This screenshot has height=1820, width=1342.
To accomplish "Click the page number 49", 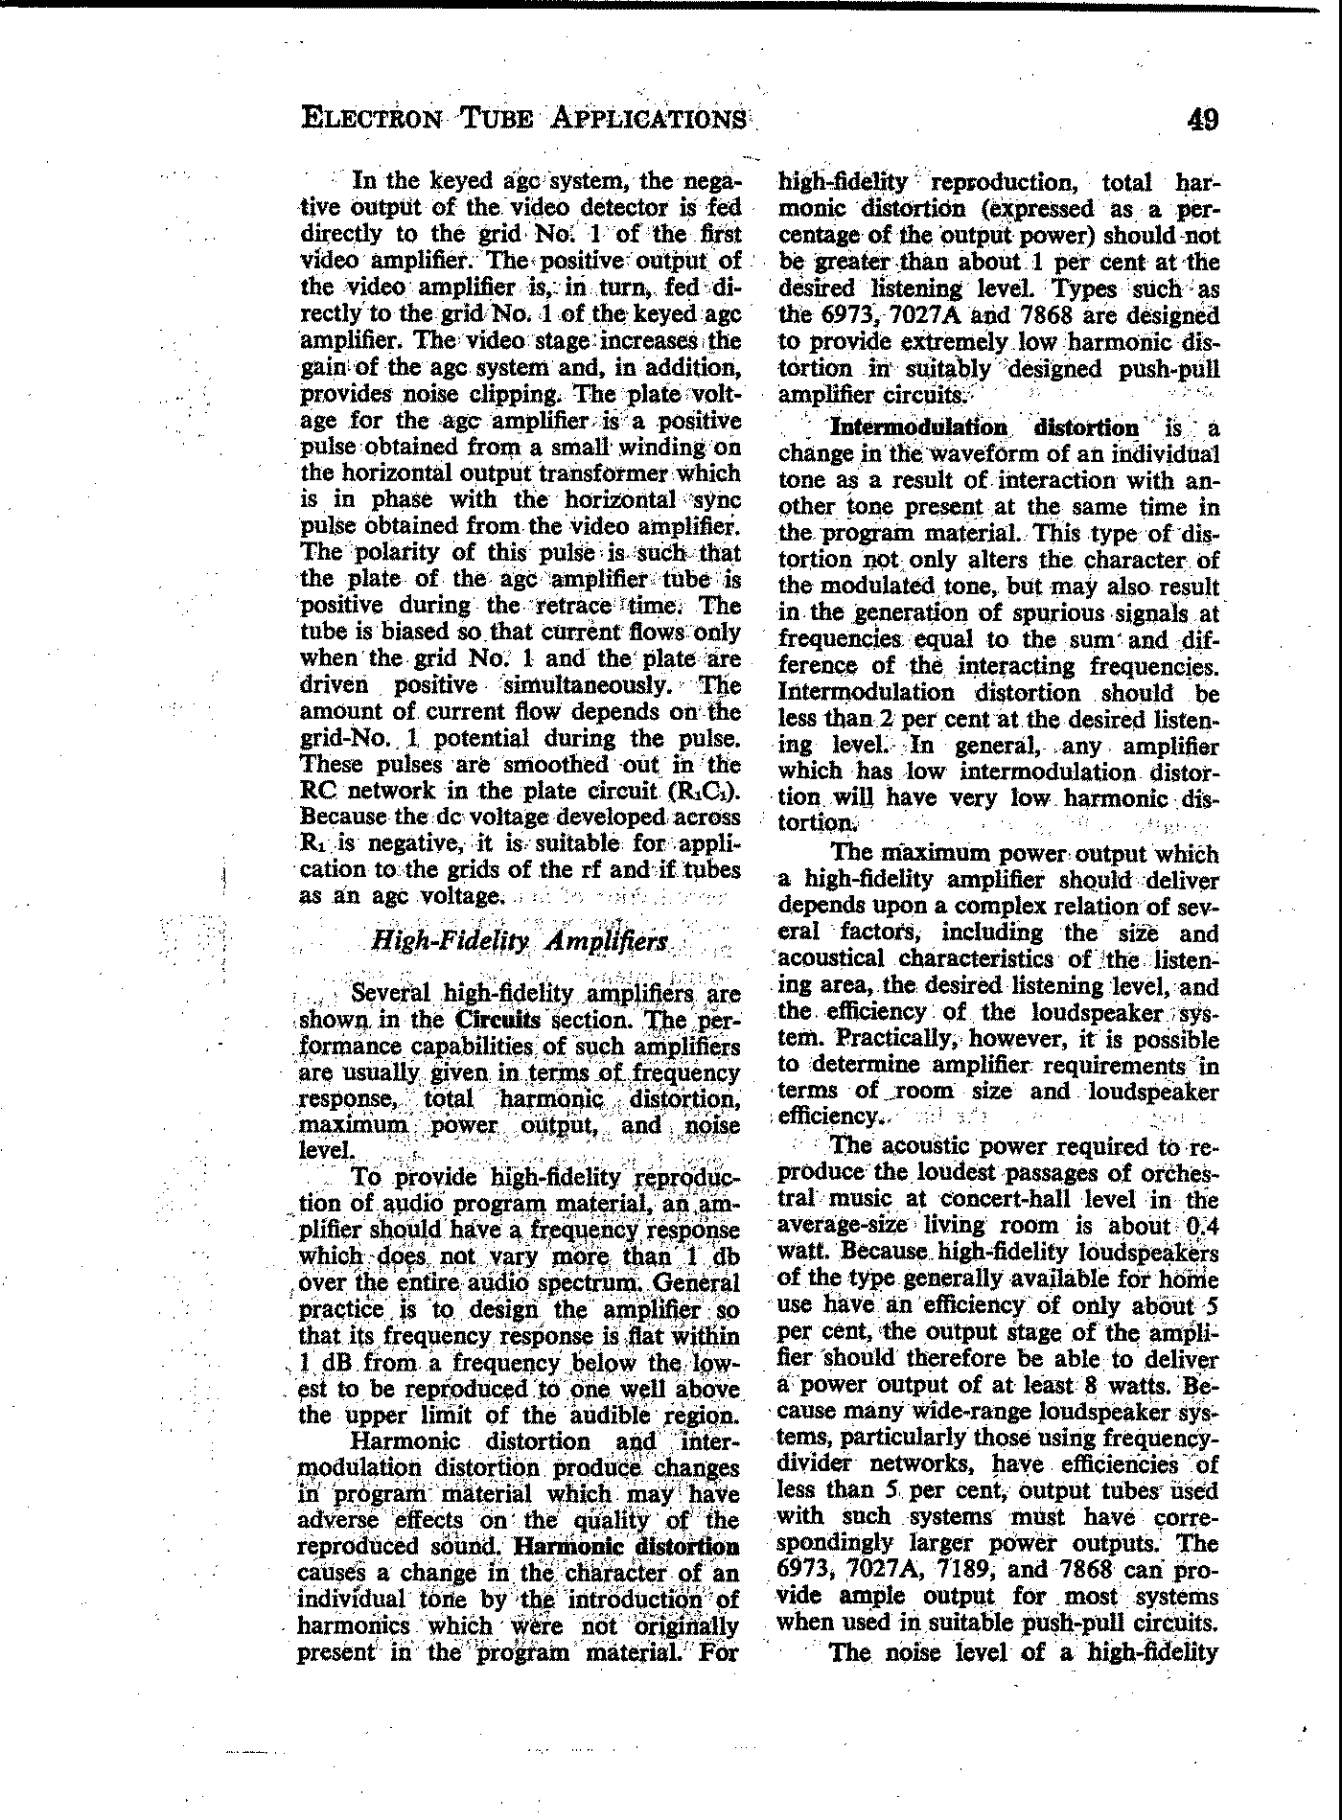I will [1202, 120].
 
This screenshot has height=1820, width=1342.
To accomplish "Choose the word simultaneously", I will [590, 685].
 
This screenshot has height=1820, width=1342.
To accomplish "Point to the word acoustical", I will [832, 958].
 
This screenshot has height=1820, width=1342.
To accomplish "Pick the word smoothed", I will [546, 765].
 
